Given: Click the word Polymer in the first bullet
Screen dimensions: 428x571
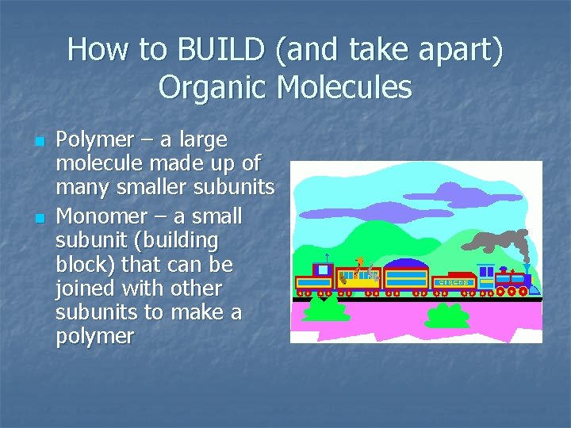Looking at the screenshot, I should click(x=95, y=140).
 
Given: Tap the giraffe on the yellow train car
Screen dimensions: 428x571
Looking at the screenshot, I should click(x=361, y=267).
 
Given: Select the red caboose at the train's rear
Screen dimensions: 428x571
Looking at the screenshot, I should click(x=314, y=280).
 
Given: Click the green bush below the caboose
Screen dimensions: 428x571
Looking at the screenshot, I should click(x=326, y=308).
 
